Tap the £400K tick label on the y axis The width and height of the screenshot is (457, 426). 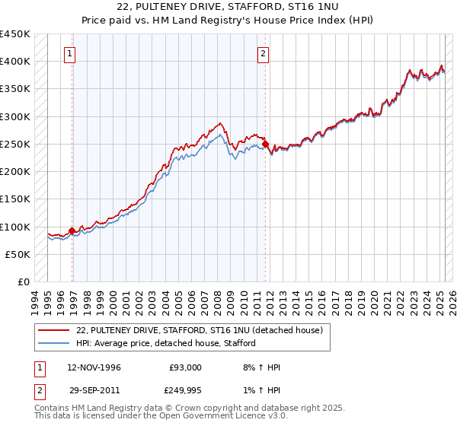click(x=14, y=62)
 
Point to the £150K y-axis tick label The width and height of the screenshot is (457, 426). click(x=14, y=199)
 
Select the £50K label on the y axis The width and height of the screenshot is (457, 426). click(x=18, y=255)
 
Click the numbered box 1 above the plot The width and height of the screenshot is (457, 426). click(x=69, y=53)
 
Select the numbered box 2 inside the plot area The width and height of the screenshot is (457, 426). click(x=262, y=53)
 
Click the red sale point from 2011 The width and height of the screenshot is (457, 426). click(x=265, y=144)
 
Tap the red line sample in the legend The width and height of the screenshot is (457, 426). click(x=54, y=330)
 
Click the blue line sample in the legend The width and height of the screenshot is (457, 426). click(x=54, y=343)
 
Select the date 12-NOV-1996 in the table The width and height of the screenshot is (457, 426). click(x=94, y=367)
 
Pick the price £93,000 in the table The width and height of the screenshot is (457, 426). click(x=185, y=367)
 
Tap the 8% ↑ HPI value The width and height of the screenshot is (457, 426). click(x=261, y=367)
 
